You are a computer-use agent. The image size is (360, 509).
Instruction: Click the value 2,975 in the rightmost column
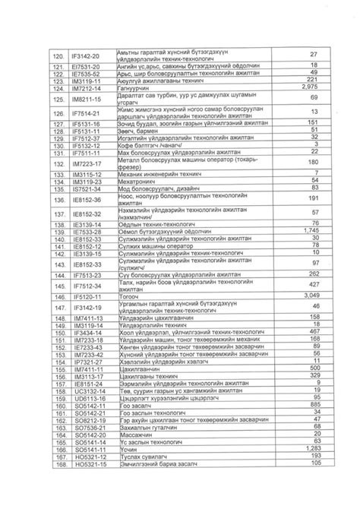coord(309,88)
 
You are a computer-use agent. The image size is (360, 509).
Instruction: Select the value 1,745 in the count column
coord(309,230)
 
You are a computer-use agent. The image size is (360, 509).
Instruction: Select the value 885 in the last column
coord(309,404)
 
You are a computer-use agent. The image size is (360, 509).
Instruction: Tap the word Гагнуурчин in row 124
coord(137,88)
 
